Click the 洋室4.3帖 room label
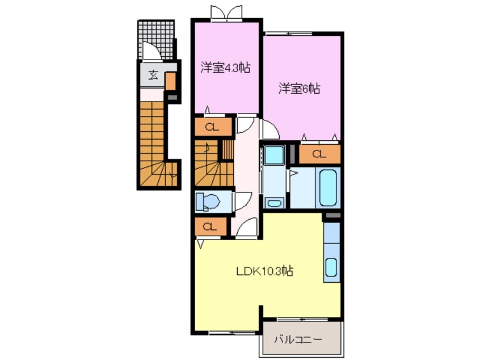[225, 68]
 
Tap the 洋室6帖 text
[299, 89]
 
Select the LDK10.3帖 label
[264, 271]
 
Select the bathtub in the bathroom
[329, 187]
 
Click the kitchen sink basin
[331, 267]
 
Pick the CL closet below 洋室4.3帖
[213, 127]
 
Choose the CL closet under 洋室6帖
[319, 153]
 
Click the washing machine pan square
[273, 154]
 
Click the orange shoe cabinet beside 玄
[170, 82]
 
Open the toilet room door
[242, 200]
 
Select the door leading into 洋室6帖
[269, 129]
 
